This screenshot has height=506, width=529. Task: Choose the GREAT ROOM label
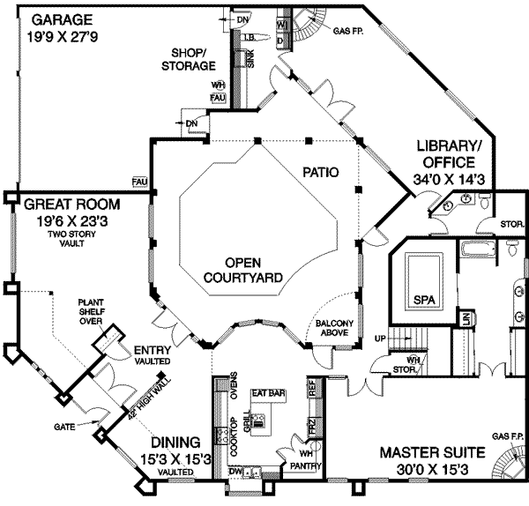coord(62,204)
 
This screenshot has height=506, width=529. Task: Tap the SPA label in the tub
coord(425,300)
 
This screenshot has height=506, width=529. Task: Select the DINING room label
coord(174,442)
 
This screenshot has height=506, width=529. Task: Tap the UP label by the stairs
coord(381,339)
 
